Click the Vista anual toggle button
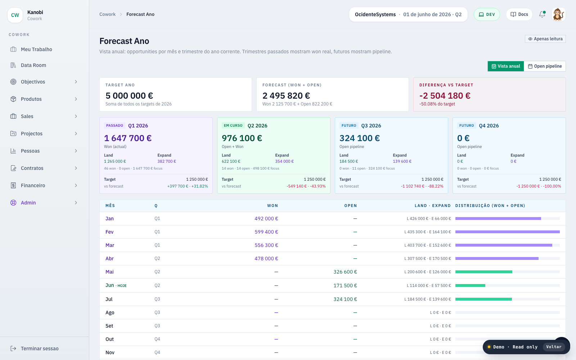tap(505, 66)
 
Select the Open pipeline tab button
tap(545, 66)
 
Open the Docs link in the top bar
tap(519, 14)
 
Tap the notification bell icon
tap(542, 14)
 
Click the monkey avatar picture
tap(558, 14)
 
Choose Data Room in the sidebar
tap(33, 65)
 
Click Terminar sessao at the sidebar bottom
tap(40, 348)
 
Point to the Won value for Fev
tap(266, 232)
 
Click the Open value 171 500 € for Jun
tap(345, 285)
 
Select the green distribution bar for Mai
tap(484, 272)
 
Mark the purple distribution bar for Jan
tap(498, 219)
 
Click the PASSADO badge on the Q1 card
tap(114, 126)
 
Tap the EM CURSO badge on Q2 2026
tap(233, 126)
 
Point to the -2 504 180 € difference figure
tap(445, 96)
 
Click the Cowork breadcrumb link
tap(108, 14)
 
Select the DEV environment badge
tap(487, 14)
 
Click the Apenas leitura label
tap(545, 39)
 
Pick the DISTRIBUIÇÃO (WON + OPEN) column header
tap(490, 206)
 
